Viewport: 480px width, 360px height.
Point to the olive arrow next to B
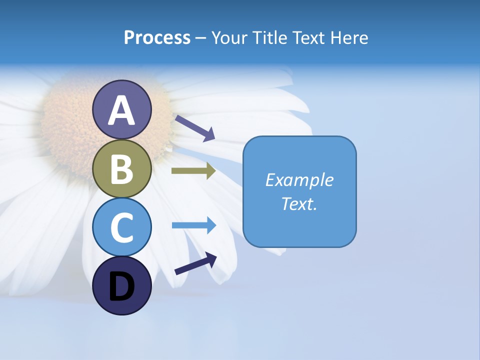[193, 171]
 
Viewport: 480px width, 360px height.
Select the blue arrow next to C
[194, 225]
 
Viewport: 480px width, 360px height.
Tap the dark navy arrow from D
[195, 264]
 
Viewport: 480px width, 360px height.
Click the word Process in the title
[157, 38]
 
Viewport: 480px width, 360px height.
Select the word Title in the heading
[269, 38]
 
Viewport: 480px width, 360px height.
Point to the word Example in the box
[299, 180]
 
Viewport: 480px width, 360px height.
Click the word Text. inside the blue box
[299, 203]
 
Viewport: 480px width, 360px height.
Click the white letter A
[121, 110]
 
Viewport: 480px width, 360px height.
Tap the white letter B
[121, 169]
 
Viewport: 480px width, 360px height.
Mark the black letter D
[121, 287]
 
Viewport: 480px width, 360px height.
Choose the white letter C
[121, 227]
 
